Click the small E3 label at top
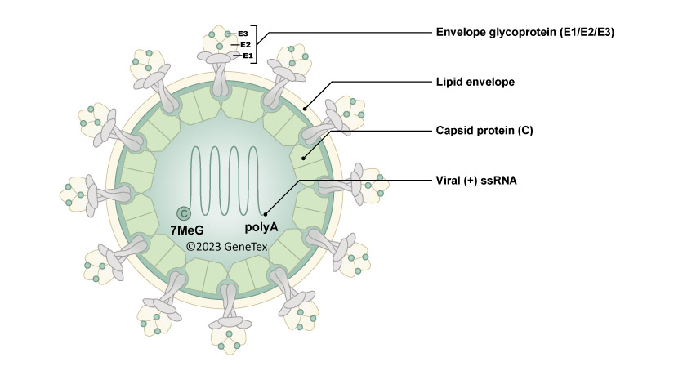(x=243, y=34)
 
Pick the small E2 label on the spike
(x=245, y=44)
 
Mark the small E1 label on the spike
(x=248, y=56)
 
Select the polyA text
(x=262, y=230)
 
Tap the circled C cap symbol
(x=185, y=213)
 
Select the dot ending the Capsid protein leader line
(x=302, y=159)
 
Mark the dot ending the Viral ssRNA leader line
(x=266, y=215)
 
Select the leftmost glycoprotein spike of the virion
(x=90, y=194)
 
